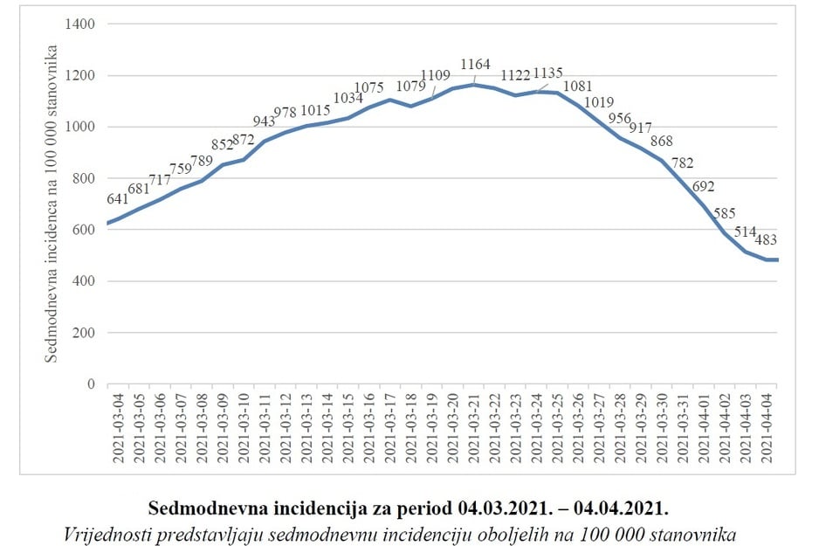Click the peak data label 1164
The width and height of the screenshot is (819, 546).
point(475,65)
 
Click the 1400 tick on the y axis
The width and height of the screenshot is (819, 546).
point(81,24)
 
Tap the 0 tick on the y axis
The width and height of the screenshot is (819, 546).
point(90,384)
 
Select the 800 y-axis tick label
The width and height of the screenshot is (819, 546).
point(85,178)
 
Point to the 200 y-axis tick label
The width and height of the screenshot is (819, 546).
point(85,333)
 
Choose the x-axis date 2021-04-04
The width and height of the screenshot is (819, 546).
point(767,426)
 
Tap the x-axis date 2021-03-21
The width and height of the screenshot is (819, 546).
point(474,426)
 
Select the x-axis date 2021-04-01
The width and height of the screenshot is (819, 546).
point(705,426)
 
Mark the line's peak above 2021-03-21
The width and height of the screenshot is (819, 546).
point(473,84)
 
